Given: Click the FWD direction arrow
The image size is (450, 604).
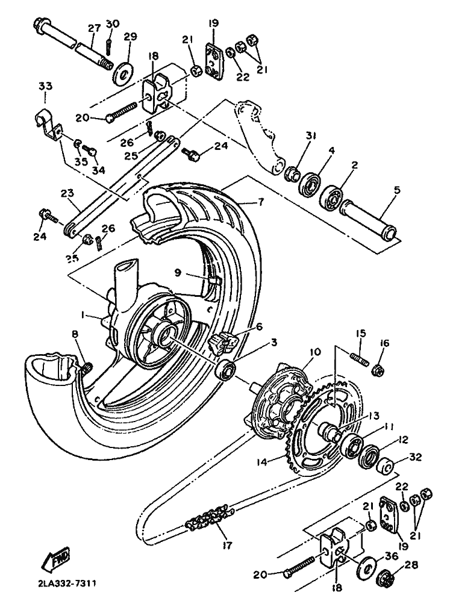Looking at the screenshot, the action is click(57, 557).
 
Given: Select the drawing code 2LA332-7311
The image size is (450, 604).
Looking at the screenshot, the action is click(67, 583).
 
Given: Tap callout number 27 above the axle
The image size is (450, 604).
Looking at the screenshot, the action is click(94, 28).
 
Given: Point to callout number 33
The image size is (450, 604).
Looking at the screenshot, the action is click(45, 86).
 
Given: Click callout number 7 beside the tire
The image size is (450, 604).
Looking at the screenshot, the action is click(261, 202).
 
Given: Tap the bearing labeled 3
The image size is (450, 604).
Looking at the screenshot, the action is click(226, 369).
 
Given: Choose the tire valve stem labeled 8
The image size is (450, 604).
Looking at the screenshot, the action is click(86, 367).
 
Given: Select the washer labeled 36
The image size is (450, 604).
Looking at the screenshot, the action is click(367, 565).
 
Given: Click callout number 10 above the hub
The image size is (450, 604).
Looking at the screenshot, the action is click(314, 352).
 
